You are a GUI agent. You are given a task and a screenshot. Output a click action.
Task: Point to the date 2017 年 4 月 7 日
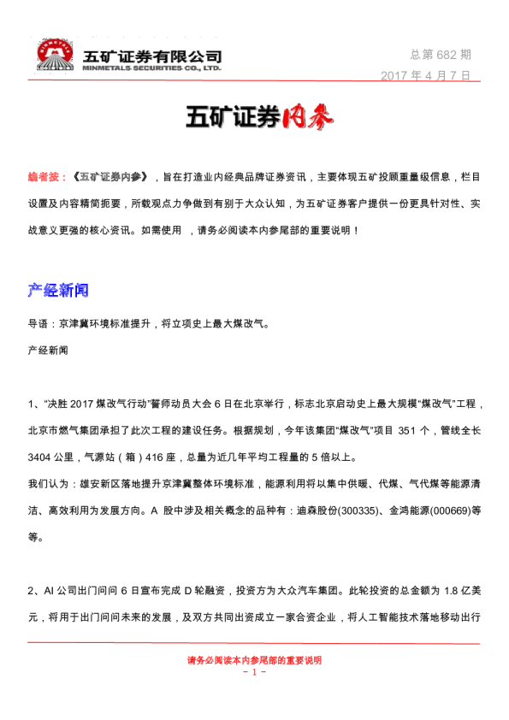[x=425, y=75]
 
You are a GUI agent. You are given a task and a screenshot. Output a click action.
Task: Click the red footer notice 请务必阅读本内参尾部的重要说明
[x=254, y=659]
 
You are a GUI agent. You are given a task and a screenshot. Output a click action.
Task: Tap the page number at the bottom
[x=254, y=672]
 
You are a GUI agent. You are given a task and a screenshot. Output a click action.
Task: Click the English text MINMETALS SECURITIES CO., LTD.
[x=152, y=67]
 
